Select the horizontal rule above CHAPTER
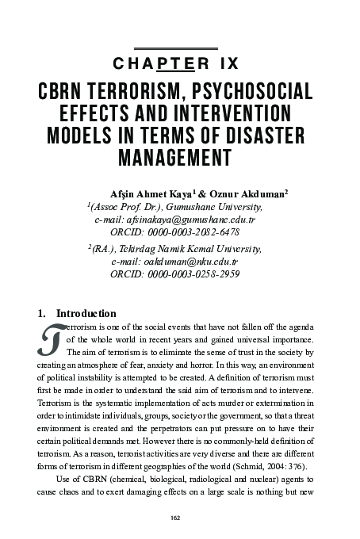(x=180, y=48)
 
